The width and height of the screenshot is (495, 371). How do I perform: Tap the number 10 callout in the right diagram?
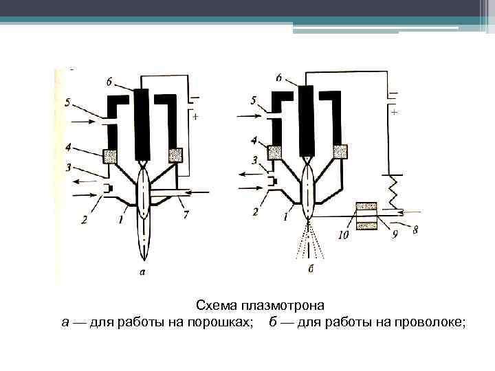(x=343, y=235)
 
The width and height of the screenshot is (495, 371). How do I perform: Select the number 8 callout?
(x=415, y=230)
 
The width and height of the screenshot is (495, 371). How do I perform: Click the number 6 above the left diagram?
(x=110, y=82)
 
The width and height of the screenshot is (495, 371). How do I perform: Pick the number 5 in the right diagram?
(x=254, y=100)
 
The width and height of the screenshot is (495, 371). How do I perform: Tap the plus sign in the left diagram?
(x=196, y=117)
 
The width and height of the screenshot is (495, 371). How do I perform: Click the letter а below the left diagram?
(x=142, y=273)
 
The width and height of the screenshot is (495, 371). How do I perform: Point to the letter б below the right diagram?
(x=311, y=269)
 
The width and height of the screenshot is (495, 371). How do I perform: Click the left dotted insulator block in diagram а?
(x=111, y=155)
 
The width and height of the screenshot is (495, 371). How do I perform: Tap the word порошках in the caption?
(x=220, y=322)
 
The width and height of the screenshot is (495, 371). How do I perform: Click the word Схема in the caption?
(x=214, y=305)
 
